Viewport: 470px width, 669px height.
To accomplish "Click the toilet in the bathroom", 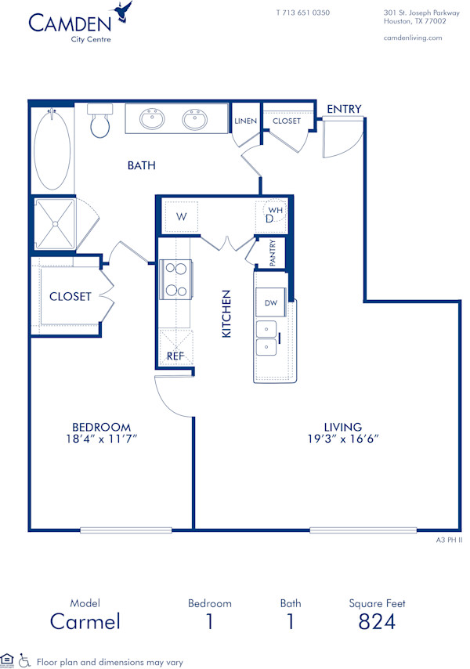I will coord(99,123).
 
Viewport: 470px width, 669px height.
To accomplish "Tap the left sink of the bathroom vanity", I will coord(152,119).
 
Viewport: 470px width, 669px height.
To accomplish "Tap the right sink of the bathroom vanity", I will coord(195,119).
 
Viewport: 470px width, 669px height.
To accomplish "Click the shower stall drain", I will coord(56,223).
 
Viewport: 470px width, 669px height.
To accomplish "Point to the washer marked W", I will coord(181,217).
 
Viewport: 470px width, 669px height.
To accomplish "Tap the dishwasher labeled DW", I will coord(271,302).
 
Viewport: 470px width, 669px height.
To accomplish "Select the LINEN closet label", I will coord(245,121).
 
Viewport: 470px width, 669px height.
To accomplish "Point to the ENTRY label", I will coord(344,109).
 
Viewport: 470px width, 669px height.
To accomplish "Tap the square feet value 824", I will coord(377,622).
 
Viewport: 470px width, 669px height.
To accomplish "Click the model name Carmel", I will coord(85,622).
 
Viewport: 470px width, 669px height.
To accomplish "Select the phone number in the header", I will coord(302,13).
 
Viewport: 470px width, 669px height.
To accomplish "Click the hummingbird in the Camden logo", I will coord(121,11).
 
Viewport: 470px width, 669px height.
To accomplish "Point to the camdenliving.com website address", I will coord(413,38).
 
